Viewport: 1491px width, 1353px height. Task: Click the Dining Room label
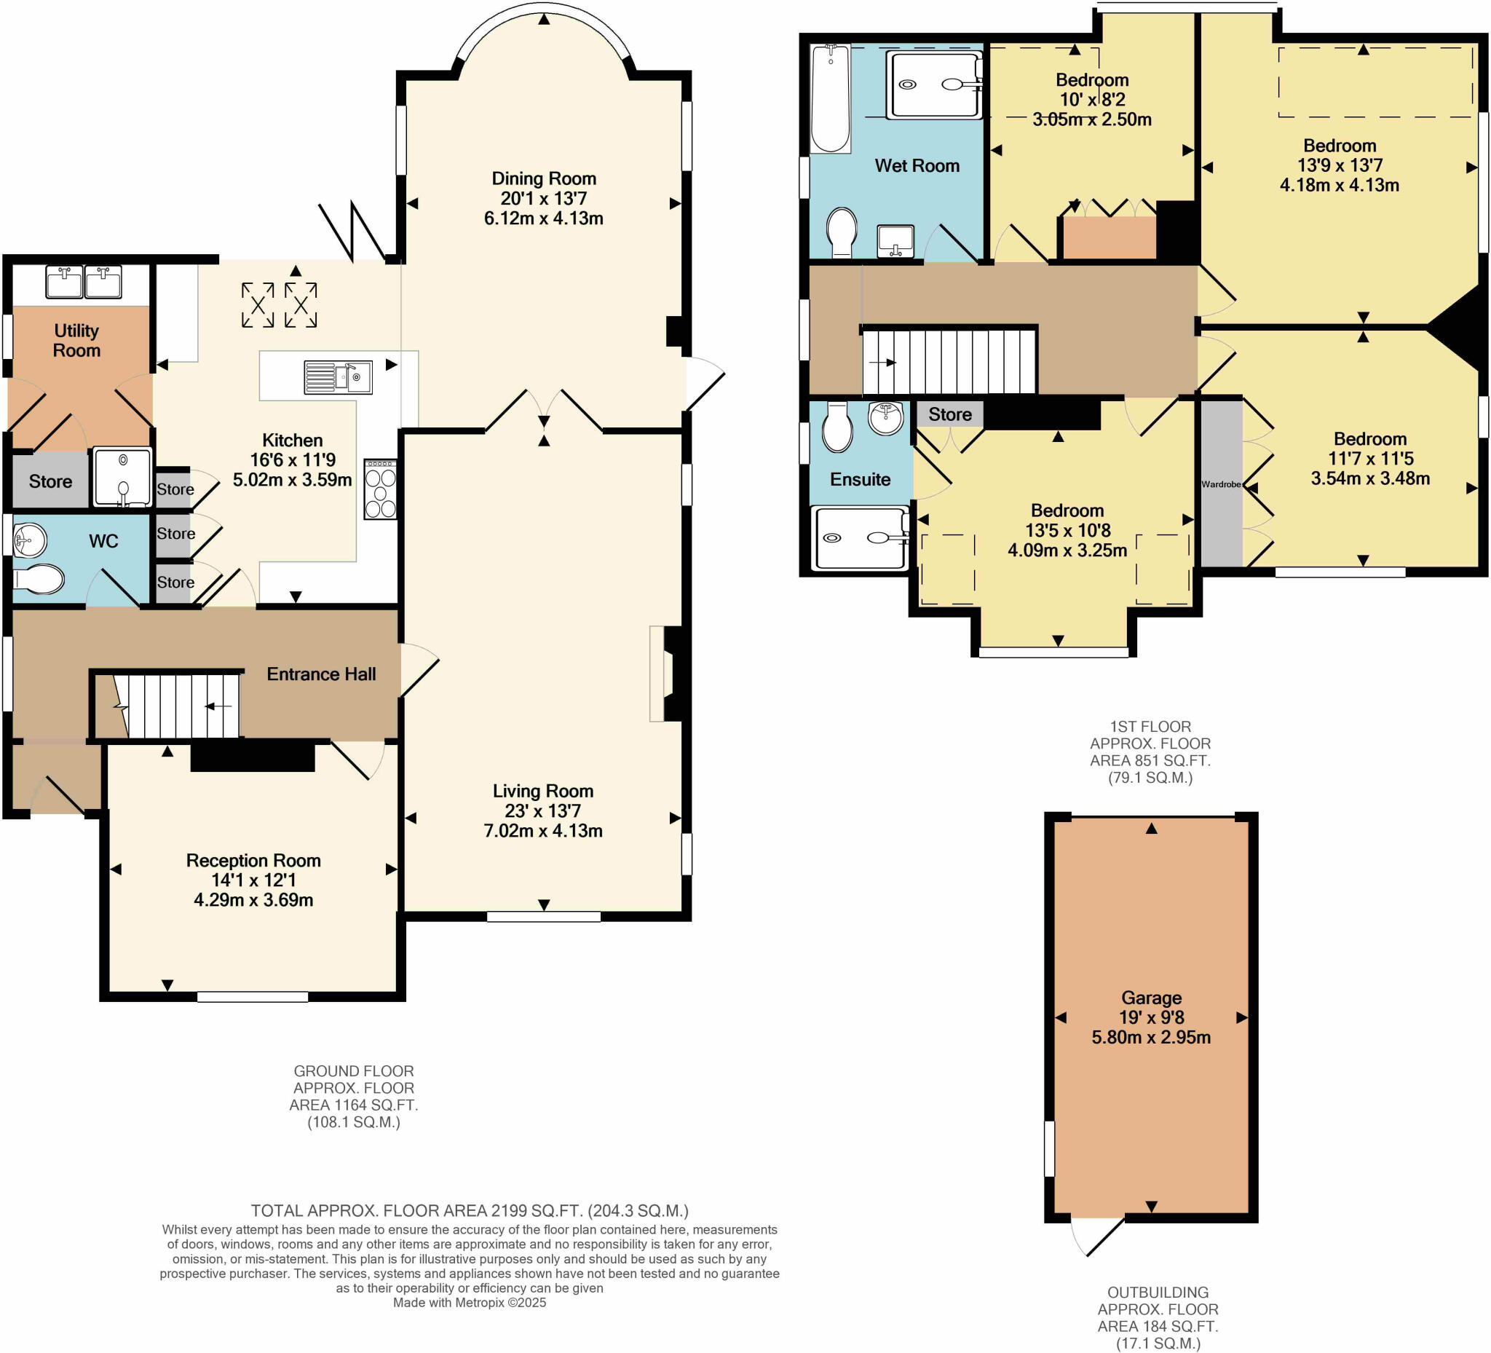(x=544, y=178)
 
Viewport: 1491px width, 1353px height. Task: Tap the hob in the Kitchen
(x=380, y=489)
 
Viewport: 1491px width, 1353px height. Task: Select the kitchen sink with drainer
(x=338, y=377)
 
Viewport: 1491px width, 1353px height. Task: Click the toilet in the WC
(x=39, y=579)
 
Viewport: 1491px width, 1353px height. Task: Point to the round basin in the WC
(x=29, y=540)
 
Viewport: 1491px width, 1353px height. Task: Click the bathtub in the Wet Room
(x=830, y=98)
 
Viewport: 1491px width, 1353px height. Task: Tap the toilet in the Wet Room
(x=841, y=232)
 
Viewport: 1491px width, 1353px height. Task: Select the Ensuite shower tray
(x=860, y=538)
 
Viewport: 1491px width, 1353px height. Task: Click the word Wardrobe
(x=1221, y=484)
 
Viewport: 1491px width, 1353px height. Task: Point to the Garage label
(x=1152, y=998)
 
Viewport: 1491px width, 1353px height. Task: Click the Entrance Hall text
(x=321, y=674)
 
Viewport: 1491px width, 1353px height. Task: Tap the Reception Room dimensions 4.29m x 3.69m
(x=253, y=900)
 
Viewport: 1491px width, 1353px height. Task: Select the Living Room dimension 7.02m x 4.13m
(x=543, y=831)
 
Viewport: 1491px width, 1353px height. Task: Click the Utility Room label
(x=76, y=340)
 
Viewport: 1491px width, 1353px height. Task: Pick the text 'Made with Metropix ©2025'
(x=470, y=1322)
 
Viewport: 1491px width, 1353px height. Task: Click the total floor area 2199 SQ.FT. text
(x=470, y=1231)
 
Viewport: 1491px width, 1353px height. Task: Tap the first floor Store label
(x=949, y=414)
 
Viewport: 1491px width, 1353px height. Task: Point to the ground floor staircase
(x=178, y=705)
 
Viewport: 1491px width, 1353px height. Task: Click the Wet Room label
(x=917, y=166)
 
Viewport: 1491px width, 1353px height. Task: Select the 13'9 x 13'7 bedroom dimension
(x=1340, y=165)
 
